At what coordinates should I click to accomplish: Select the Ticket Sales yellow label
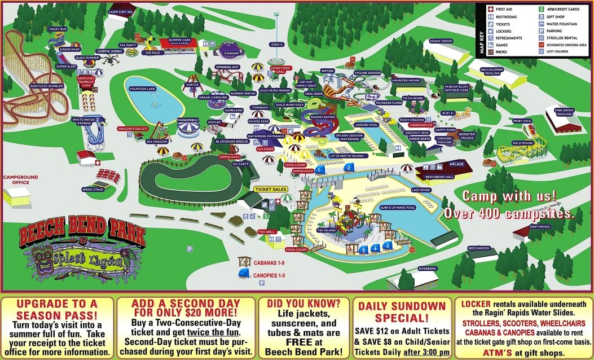click(271, 190)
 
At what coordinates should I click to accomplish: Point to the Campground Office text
click(20, 180)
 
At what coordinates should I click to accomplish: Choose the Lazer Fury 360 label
click(120, 11)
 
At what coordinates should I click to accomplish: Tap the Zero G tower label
click(276, 44)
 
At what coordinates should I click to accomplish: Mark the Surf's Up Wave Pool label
click(398, 207)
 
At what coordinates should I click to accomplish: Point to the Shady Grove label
click(441, 41)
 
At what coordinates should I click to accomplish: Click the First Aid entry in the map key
click(506, 10)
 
